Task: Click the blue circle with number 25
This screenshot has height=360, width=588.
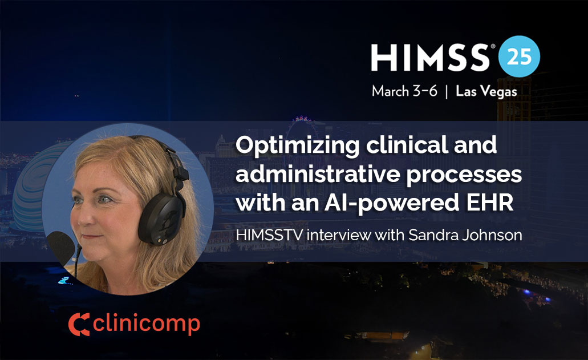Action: click(x=519, y=56)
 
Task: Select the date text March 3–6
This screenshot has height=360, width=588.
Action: click(x=404, y=91)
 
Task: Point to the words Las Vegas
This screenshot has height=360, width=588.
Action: click(x=486, y=91)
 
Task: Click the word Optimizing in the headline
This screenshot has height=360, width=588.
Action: click(x=298, y=146)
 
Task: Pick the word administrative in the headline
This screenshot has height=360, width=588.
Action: click(x=318, y=175)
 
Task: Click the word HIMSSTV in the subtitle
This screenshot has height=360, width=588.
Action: click(x=269, y=235)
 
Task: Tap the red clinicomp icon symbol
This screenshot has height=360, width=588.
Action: click(x=79, y=324)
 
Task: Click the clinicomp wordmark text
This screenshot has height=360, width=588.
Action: click(x=146, y=324)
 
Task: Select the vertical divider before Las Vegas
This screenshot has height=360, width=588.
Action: click(x=446, y=92)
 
